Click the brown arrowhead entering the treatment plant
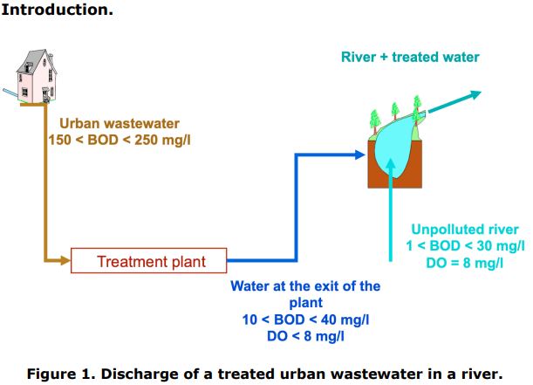(x=64, y=260)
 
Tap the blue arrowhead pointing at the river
(x=358, y=155)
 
